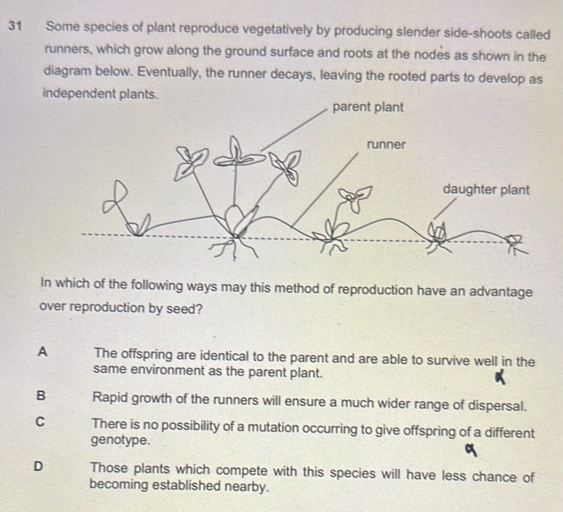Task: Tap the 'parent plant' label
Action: tap(368, 107)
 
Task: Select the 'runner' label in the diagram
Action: tap(386, 145)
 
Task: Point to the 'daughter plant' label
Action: tap(487, 188)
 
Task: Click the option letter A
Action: tap(41, 351)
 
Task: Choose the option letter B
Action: tap(40, 396)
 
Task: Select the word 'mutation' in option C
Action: tap(277, 427)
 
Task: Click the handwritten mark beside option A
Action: tap(502, 378)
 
